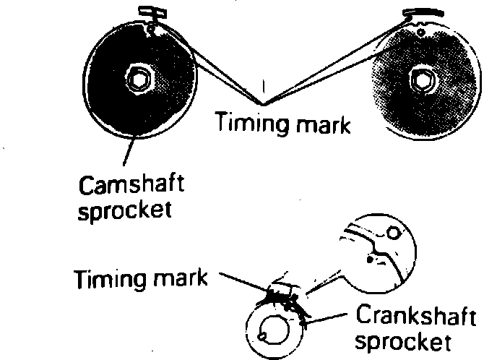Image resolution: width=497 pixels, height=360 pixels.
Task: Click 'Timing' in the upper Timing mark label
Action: click(247, 124)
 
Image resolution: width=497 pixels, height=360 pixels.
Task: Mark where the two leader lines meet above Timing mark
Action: click(262, 102)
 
